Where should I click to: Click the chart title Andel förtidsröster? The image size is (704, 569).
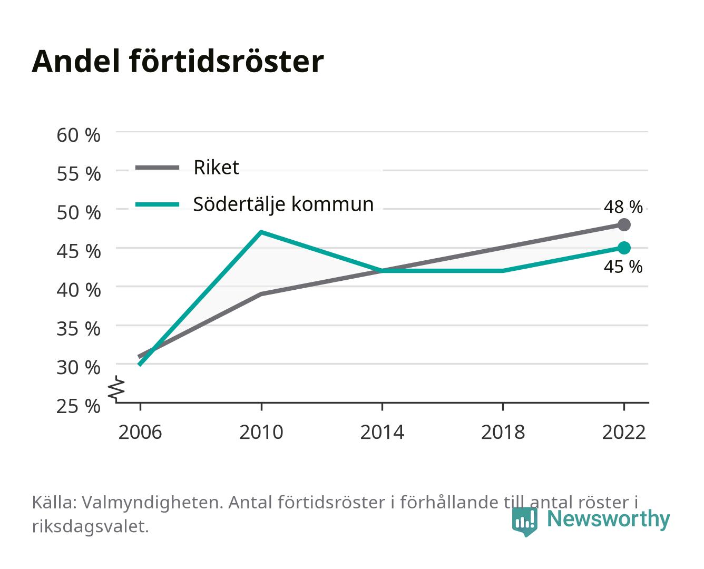click(178, 62)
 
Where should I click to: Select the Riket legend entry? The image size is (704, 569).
click(187, 167)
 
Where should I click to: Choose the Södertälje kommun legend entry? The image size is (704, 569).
click(255, 204)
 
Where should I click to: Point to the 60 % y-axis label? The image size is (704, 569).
click(79, 135)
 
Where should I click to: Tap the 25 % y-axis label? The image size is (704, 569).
click(79, 406)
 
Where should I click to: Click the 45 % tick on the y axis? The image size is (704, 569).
click(79, 251)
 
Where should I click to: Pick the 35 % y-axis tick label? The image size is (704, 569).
click(79, 329)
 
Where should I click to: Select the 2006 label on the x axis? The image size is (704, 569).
click(140, 432)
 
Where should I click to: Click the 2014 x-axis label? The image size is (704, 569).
click(382, 432)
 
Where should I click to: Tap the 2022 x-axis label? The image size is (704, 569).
click(624, 432)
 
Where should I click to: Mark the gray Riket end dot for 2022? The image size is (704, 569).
click(624, 224)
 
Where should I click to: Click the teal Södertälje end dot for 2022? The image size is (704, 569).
click(624, 248)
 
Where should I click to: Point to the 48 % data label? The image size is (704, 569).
click(623, 207)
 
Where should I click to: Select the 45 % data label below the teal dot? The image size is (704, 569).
click(623, 267)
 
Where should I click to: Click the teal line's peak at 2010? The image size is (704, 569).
click(261, 232)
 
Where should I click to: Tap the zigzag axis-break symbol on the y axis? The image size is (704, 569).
click(116, 389)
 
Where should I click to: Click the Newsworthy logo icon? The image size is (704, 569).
click(524, 522)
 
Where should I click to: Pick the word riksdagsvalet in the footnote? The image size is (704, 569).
click(90, 526)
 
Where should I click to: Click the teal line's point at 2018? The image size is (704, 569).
click(503, 271)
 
